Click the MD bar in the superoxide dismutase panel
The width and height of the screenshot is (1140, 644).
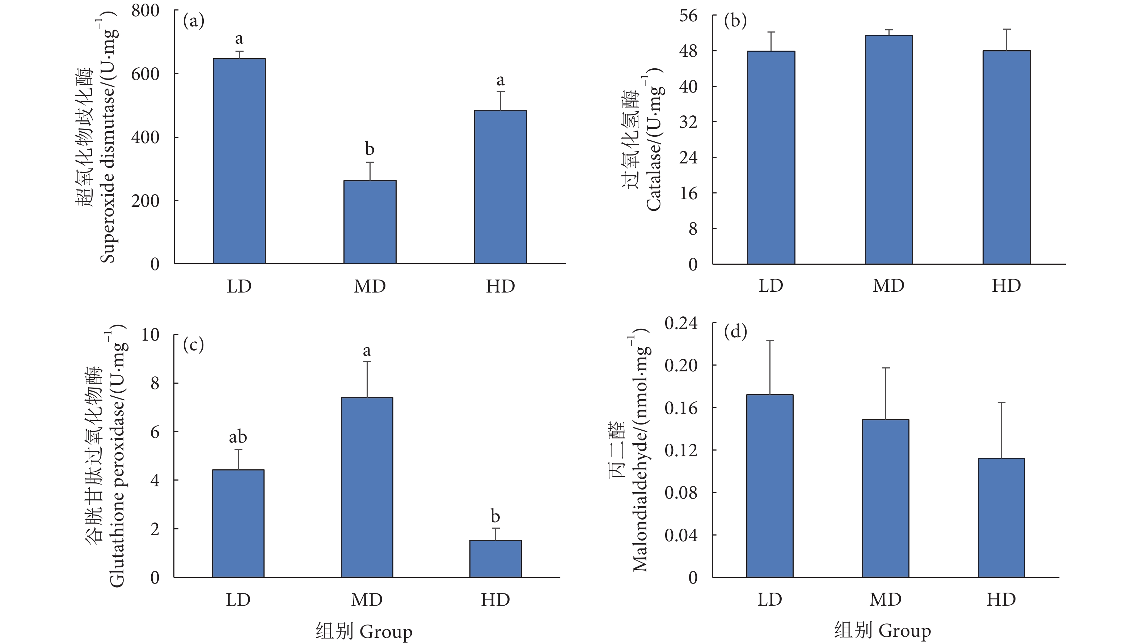(370, 222)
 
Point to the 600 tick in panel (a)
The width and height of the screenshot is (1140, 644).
(145, 74)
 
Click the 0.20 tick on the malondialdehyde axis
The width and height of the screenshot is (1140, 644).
(681, 365)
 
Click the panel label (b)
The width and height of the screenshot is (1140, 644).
(735, 21)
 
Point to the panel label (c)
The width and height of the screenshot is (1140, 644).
(193, 344)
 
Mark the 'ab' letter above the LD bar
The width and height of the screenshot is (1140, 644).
(238, 437)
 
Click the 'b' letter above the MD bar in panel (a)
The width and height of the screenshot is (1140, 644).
(370, 149)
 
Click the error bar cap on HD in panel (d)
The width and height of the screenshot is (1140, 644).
(1001, 403)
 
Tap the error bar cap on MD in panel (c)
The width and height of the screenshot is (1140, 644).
(367, 362)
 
